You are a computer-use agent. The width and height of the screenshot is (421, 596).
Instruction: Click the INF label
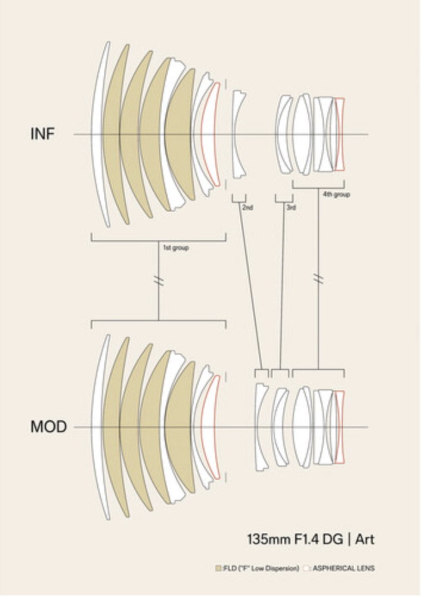point(42,134)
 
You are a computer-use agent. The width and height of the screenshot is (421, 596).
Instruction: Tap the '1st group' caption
point(176,247)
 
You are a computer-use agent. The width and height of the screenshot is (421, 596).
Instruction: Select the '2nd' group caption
point(247,207)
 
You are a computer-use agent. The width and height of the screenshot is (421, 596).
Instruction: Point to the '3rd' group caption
point(291,207)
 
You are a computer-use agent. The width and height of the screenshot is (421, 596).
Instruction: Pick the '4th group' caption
point(336,195)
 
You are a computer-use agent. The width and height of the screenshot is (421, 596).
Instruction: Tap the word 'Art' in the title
point(365,540)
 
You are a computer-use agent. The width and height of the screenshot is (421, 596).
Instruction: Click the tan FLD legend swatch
point(219,569)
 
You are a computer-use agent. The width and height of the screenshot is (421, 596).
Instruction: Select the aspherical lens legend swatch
point(307,569)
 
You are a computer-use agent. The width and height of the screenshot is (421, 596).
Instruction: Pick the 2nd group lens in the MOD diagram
point(260,427)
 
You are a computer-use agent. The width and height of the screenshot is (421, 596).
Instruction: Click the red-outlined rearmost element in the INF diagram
point(340,134)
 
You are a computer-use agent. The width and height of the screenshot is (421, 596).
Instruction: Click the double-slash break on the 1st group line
point(159,280)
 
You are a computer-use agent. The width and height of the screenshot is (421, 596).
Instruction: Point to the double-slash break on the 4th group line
point(319,279)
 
